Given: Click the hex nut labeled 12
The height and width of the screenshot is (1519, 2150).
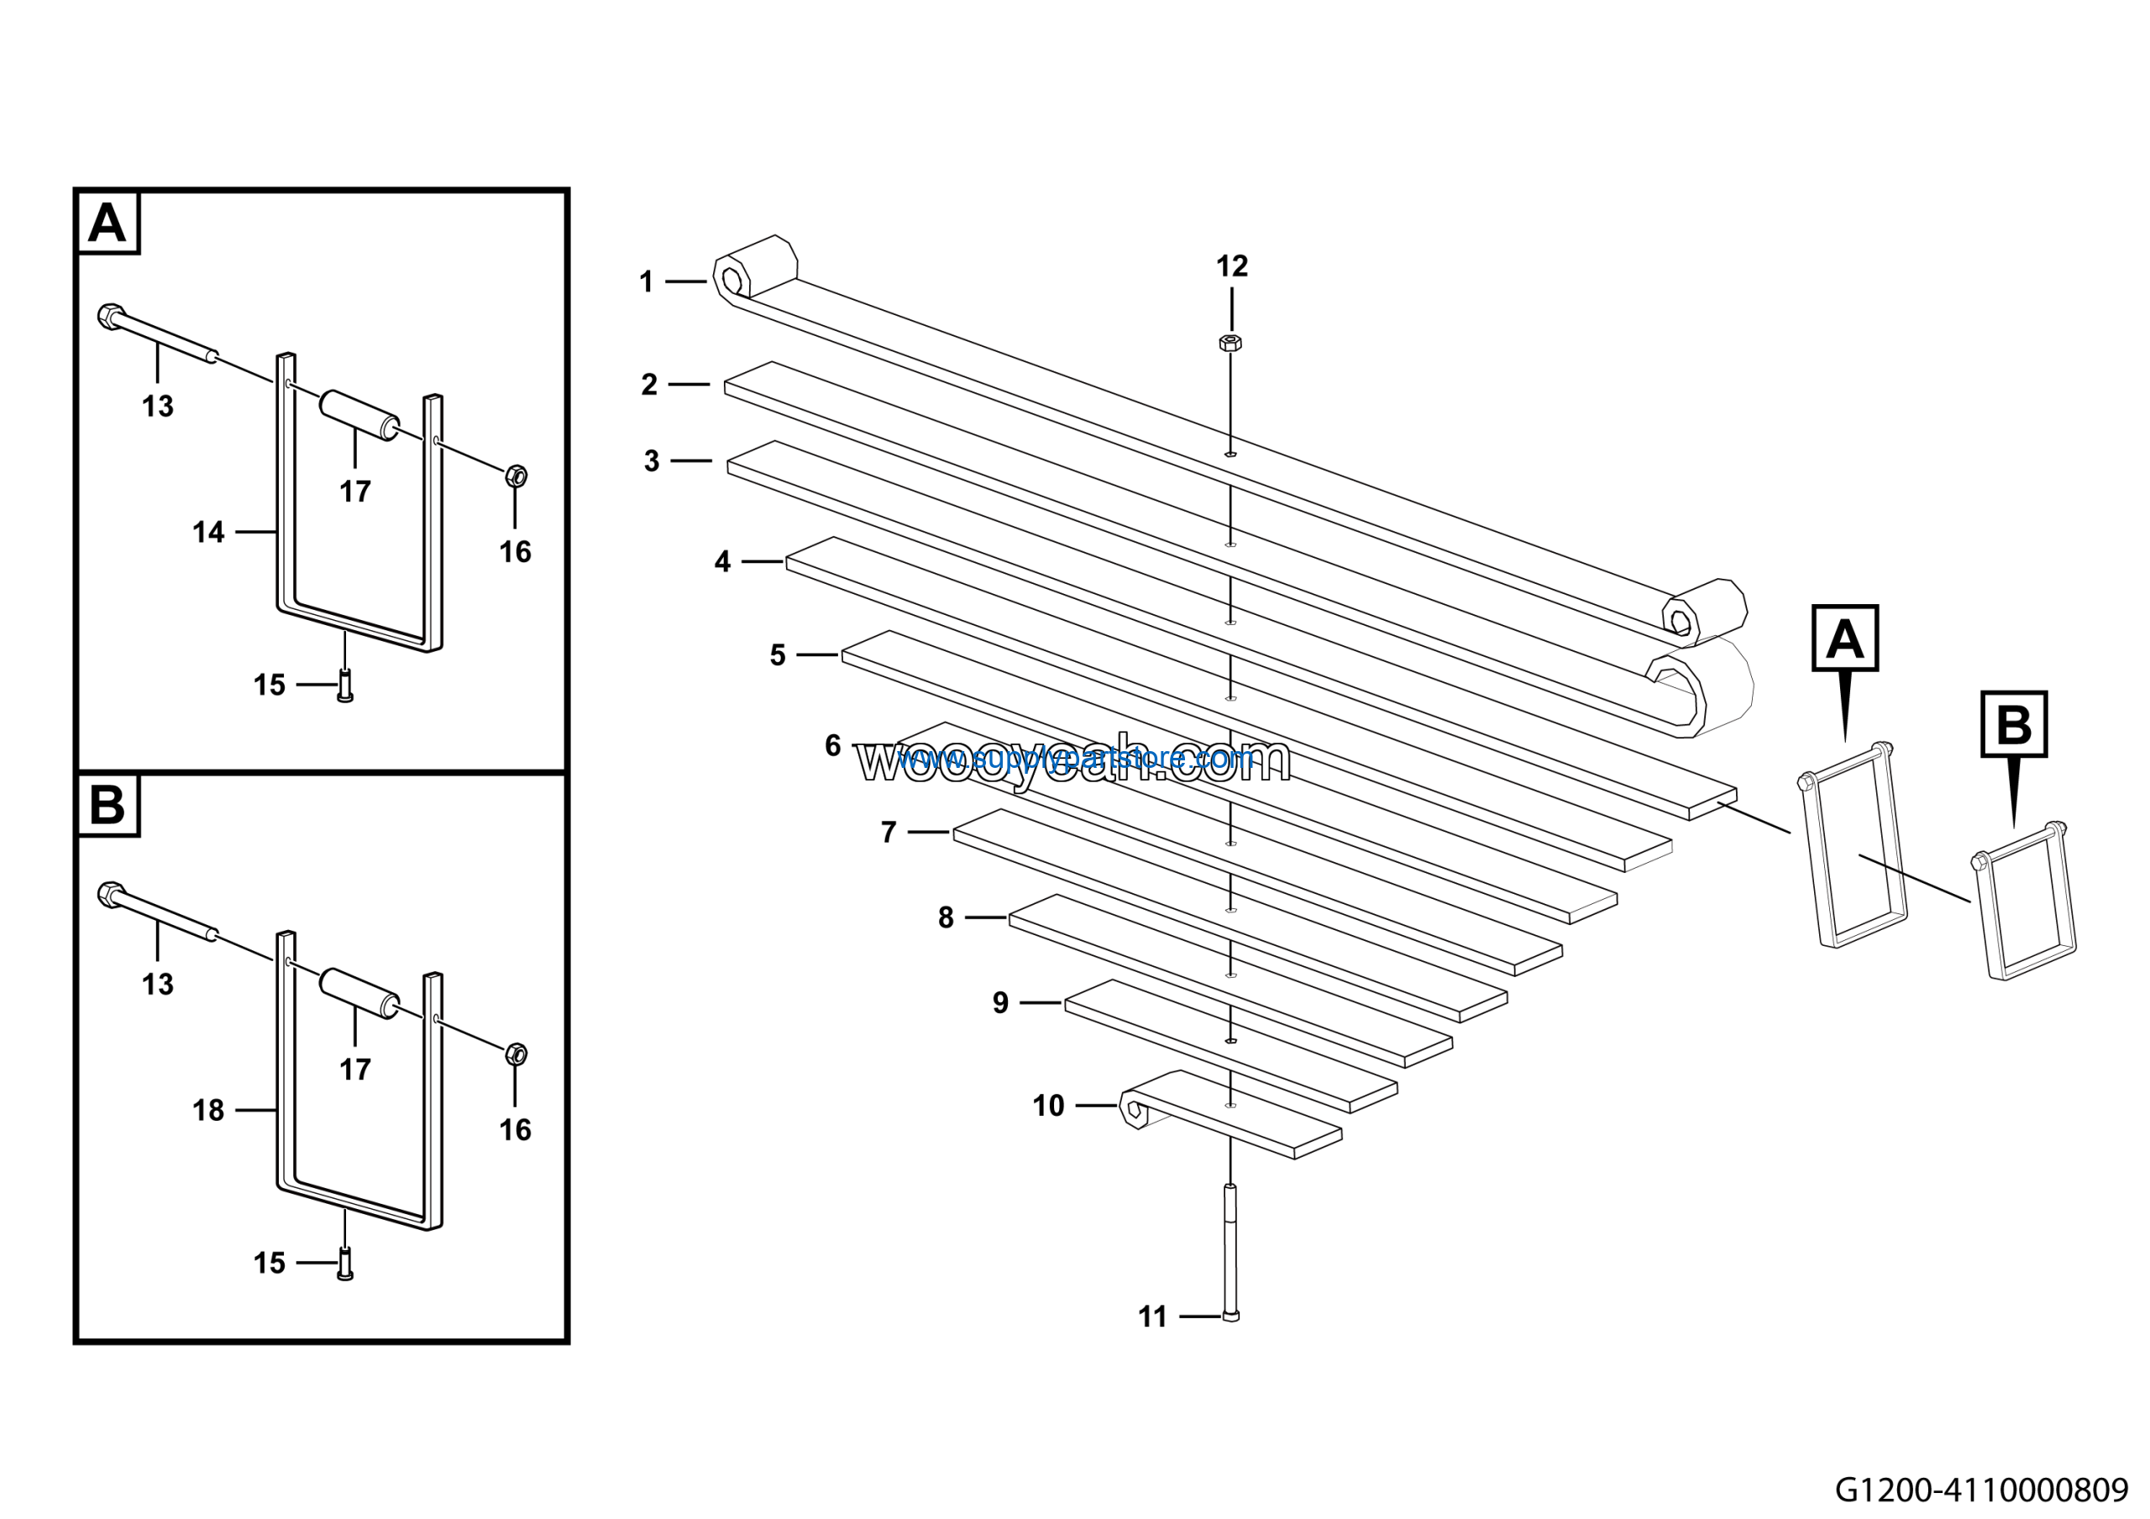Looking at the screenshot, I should pos(1230,342).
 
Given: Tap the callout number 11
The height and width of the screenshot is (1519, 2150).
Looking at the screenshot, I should pos(1151,1317).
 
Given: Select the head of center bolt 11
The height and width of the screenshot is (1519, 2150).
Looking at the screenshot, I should pos(1230,1316).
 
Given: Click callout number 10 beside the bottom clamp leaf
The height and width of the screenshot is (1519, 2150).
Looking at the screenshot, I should pos(1048,1106).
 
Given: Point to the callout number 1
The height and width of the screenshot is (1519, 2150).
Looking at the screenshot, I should pos(646,282).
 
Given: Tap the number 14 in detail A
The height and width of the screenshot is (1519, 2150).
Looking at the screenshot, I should pos(208,532).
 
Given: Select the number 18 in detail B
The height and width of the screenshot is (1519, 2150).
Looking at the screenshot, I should pos(208,1110).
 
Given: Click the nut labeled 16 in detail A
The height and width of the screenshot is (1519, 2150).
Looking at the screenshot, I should pos(515,476).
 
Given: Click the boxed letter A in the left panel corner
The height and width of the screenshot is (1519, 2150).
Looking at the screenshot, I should pos(107,223).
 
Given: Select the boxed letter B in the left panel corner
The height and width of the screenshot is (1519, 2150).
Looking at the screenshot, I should pos(107,805).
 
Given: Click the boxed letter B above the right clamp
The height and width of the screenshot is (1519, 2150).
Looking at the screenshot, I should pos(2013,724).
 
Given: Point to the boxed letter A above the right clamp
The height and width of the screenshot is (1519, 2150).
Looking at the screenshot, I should pos(1845,639).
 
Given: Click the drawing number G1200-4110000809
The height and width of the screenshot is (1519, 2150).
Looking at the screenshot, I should pos(1980,1489).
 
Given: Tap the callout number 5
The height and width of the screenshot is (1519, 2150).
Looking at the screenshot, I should pos(777,655).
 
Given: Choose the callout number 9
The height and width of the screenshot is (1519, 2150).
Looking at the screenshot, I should pos(1000,1003).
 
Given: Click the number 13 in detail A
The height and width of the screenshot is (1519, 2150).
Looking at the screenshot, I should pos(157,407).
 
